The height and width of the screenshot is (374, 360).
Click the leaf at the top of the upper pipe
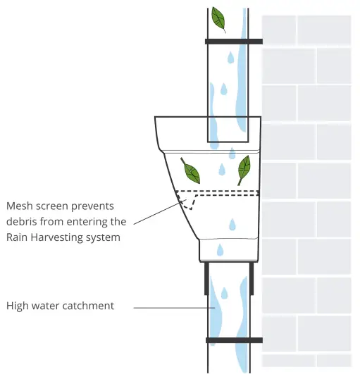point(219,19)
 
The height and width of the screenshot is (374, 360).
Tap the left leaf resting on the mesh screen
point(190,171)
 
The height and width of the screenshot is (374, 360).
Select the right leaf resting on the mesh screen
point(244,169)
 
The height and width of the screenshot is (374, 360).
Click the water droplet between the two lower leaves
point(222,170)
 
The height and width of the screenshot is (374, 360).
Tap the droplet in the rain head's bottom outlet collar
point(220,249)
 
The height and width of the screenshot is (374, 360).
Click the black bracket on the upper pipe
point(233,42)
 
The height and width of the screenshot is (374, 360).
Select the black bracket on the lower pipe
point(233,340)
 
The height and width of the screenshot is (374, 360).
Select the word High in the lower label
point(19,306)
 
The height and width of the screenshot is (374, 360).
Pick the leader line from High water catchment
point(173,308)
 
